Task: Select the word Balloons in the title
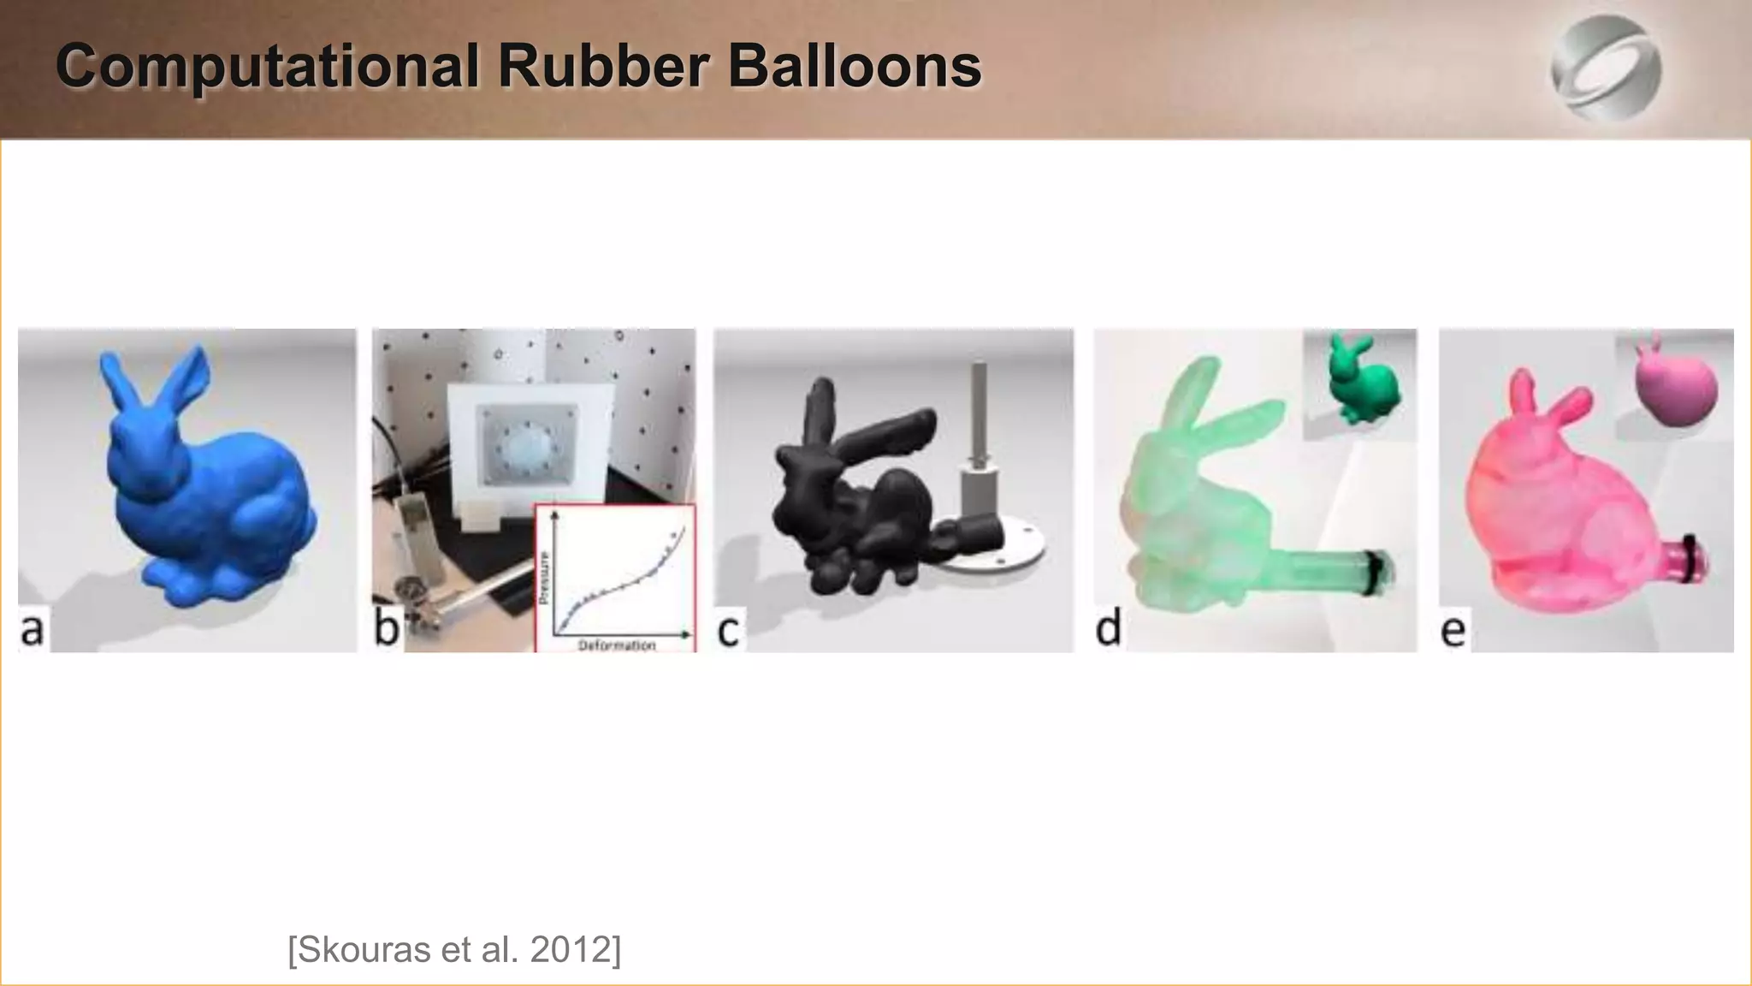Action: pyautogui.click(x=855, y=66)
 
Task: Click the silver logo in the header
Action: pyautogui.click(x=1606, y=68)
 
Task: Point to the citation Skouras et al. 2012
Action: pyautogui.click(x=454, y=949)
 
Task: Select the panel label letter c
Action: pyautogui.click(x=728, y=631)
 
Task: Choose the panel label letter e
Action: pyautogui.click(x=1453, y=631)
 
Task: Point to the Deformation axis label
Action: pyautogui.click(x=617, y=644)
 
